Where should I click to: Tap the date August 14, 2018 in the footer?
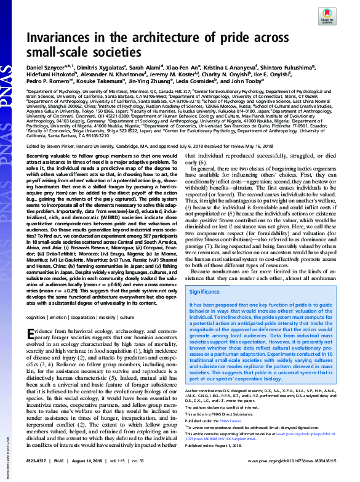pos(92,476)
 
